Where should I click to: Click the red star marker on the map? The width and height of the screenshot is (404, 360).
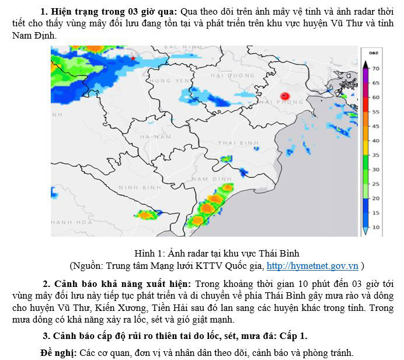[134, 58]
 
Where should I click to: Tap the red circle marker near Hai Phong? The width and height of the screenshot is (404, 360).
[285, 96]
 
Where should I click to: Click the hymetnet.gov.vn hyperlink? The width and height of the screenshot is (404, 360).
[312, 266]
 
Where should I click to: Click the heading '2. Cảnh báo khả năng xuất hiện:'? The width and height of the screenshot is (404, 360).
[114, 283]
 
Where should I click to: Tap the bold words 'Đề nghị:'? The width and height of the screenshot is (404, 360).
[58, 352]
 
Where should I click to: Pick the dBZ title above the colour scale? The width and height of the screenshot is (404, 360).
[372, 53]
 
